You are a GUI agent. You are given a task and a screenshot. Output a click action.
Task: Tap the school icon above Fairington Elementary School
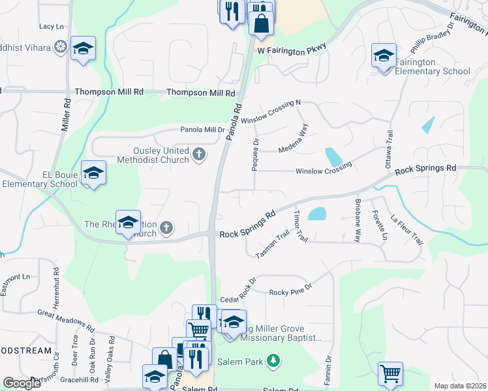click(384, 55)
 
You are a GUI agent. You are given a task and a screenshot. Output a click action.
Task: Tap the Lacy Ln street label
click(52, 26)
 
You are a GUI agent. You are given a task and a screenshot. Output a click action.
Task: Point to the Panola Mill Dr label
click(202, 129)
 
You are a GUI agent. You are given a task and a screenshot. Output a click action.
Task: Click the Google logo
click(22, 383)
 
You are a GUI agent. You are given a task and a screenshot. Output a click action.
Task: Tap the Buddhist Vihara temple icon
click(61, 47)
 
